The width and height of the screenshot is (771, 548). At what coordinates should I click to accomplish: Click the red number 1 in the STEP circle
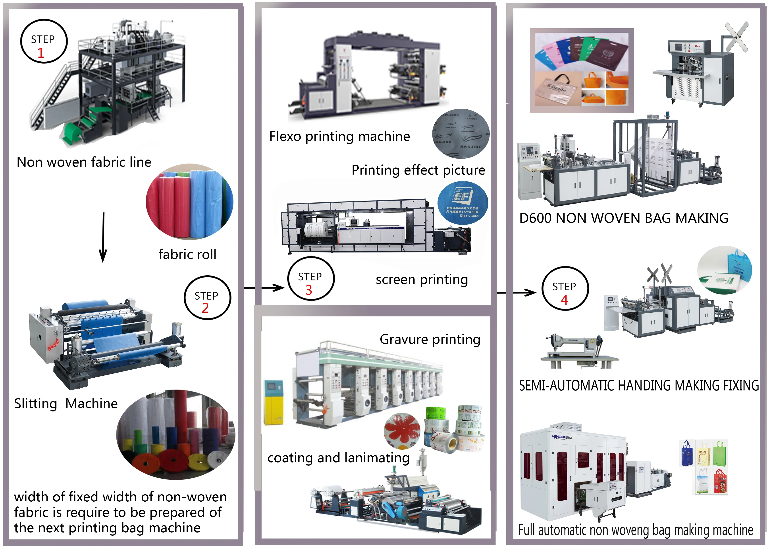coord(41,53)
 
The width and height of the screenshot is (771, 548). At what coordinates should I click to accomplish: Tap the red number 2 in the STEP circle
coord(205,308)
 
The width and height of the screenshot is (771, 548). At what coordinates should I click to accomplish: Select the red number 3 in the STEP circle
coord(309,290)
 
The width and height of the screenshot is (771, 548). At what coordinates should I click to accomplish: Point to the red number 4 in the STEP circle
coord(564,300)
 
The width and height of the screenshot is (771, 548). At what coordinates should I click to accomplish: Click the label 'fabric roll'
coord(187,254)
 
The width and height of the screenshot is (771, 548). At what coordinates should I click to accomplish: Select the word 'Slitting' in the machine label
coord(35,403)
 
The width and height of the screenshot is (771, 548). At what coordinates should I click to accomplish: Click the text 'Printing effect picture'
coord(418,170)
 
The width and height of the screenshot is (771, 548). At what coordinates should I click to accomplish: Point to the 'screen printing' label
coord(422,280)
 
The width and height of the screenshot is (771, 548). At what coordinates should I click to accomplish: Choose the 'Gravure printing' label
coord(430,339)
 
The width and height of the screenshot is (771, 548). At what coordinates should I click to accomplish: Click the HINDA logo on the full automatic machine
coord(561,437)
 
